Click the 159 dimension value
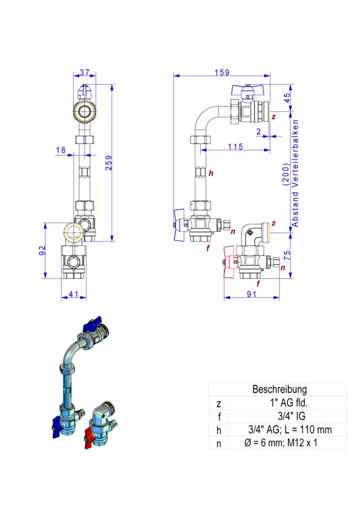tap(222, 73)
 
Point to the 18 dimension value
tap(60, 149)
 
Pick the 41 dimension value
tap(73, 294)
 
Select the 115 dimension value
tap(235, 147)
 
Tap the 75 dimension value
tap(288, 254)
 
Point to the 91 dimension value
tap(252, 294)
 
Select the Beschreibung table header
tap(280, 390)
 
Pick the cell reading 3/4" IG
tap(280, 416)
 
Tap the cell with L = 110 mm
tap(280, 430)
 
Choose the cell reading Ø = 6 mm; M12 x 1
tap(280, 443)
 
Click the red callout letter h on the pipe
tap(211, 174)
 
